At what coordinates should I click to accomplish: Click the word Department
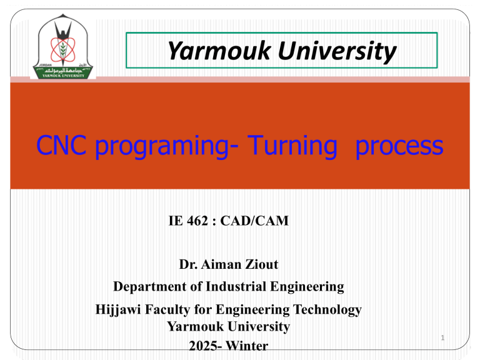(150, 287)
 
